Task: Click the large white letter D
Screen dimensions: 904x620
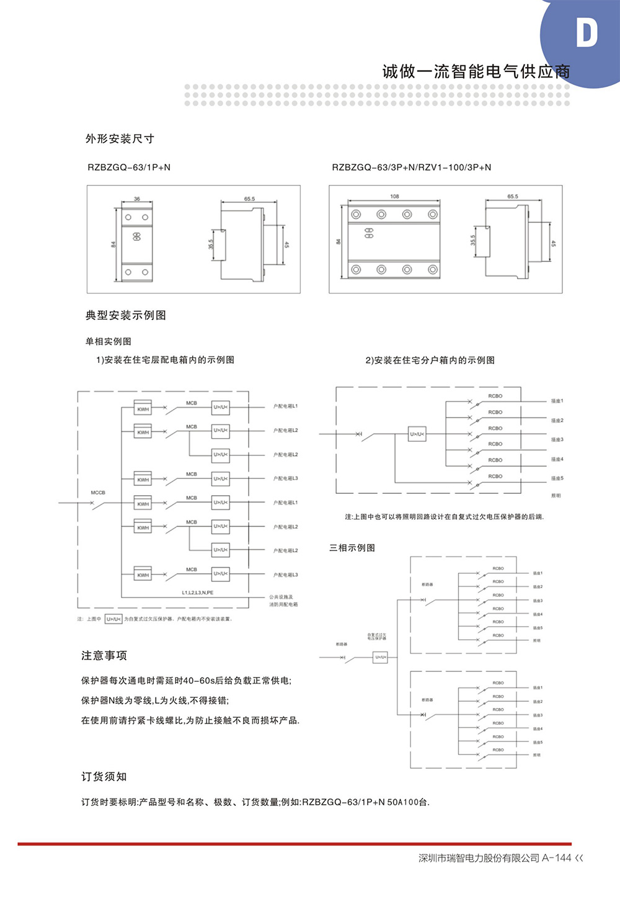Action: click(x=586, y=33)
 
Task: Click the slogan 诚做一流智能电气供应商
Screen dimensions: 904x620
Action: click(x=476, y=71)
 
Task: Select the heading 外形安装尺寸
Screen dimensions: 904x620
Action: click(x=120, y=139)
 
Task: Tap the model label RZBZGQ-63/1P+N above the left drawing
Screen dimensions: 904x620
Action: click(x=129, y=168)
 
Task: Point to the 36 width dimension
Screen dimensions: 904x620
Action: click(x=137, y=199)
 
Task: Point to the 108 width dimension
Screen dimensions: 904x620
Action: click(x=394, y=197)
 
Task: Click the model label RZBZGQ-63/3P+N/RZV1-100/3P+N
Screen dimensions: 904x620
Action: click(x=411, y=168)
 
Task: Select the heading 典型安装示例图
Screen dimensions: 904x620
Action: click(x=126, y=315)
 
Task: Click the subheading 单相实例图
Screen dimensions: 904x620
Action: click(x=108, y=341)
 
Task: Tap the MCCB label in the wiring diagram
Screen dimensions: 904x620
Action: click(x=98, y=493)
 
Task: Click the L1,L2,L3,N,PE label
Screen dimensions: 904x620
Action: click(x=198, y=593)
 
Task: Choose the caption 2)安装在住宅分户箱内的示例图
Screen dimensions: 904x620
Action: click(x=430, y=360)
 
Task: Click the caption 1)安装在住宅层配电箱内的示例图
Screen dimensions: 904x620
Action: click(x=165, y=360)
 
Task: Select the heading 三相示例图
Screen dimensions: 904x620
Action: click(x=352, y=548)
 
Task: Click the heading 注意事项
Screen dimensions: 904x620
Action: click(x=104, y=656)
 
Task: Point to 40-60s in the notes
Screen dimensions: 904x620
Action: click(x=198, y=681)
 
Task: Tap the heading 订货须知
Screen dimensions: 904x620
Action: click(x=104, y=777)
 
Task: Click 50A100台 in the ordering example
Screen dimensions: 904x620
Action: click(x=408, y=802)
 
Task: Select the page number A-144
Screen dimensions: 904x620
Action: click(x=557, y=858)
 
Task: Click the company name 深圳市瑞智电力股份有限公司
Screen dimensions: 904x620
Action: click(x=479, y=858)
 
